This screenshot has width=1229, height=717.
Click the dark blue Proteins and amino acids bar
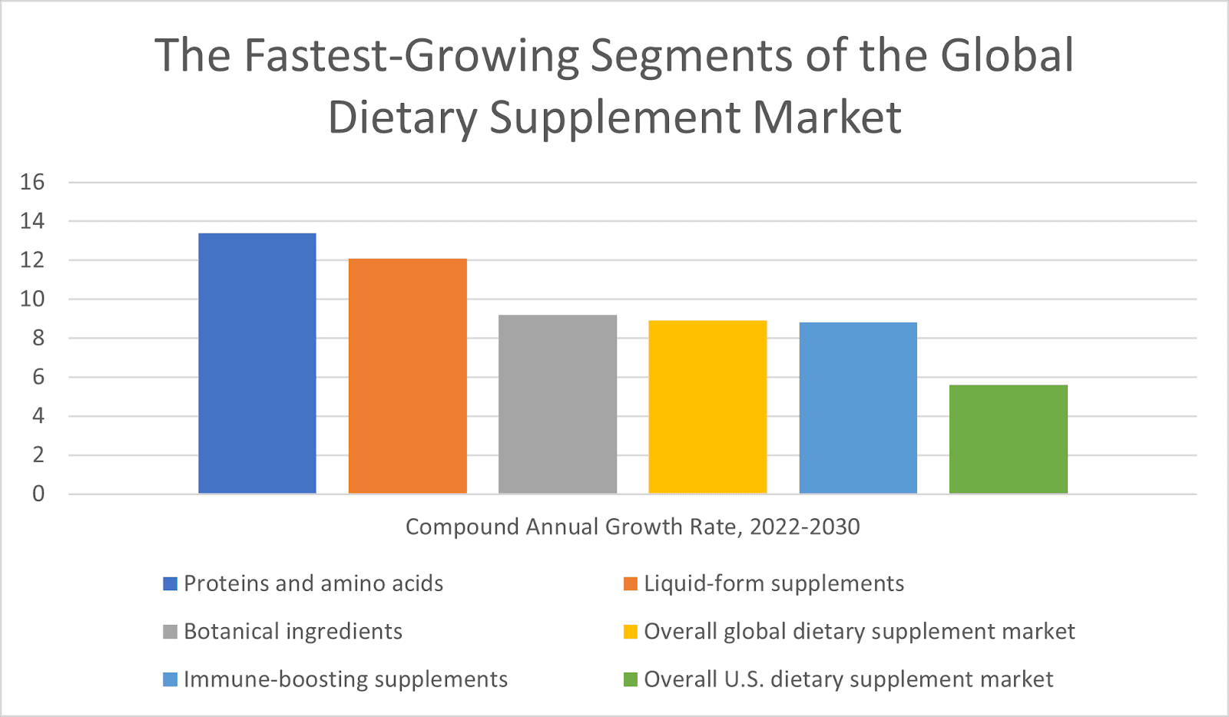[257, 363]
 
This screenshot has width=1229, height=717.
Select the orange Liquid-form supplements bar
[407, 376]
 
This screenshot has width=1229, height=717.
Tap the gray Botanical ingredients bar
[558, 404]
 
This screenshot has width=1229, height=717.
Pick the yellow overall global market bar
[707, 407]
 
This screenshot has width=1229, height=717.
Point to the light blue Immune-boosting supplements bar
[858, 408]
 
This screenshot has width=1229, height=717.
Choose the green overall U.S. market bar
[1008, 439]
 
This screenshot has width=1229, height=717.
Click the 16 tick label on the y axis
[33, 183]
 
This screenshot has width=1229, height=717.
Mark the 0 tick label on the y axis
[38, 494]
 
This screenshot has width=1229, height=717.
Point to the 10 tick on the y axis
[33, 299]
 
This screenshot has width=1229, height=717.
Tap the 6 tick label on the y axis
[38, 377]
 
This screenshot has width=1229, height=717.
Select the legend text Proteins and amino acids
[313, 584]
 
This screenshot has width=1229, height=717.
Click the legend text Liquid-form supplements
[774, 584]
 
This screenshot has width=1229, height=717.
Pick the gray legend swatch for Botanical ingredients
[171, 633]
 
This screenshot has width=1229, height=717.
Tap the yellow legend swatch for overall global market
[631, 633]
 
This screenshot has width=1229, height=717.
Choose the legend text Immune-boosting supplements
[346, 680]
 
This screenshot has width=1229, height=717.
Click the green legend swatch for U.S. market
[631, 680]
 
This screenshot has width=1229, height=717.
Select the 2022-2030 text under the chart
[804, 527]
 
